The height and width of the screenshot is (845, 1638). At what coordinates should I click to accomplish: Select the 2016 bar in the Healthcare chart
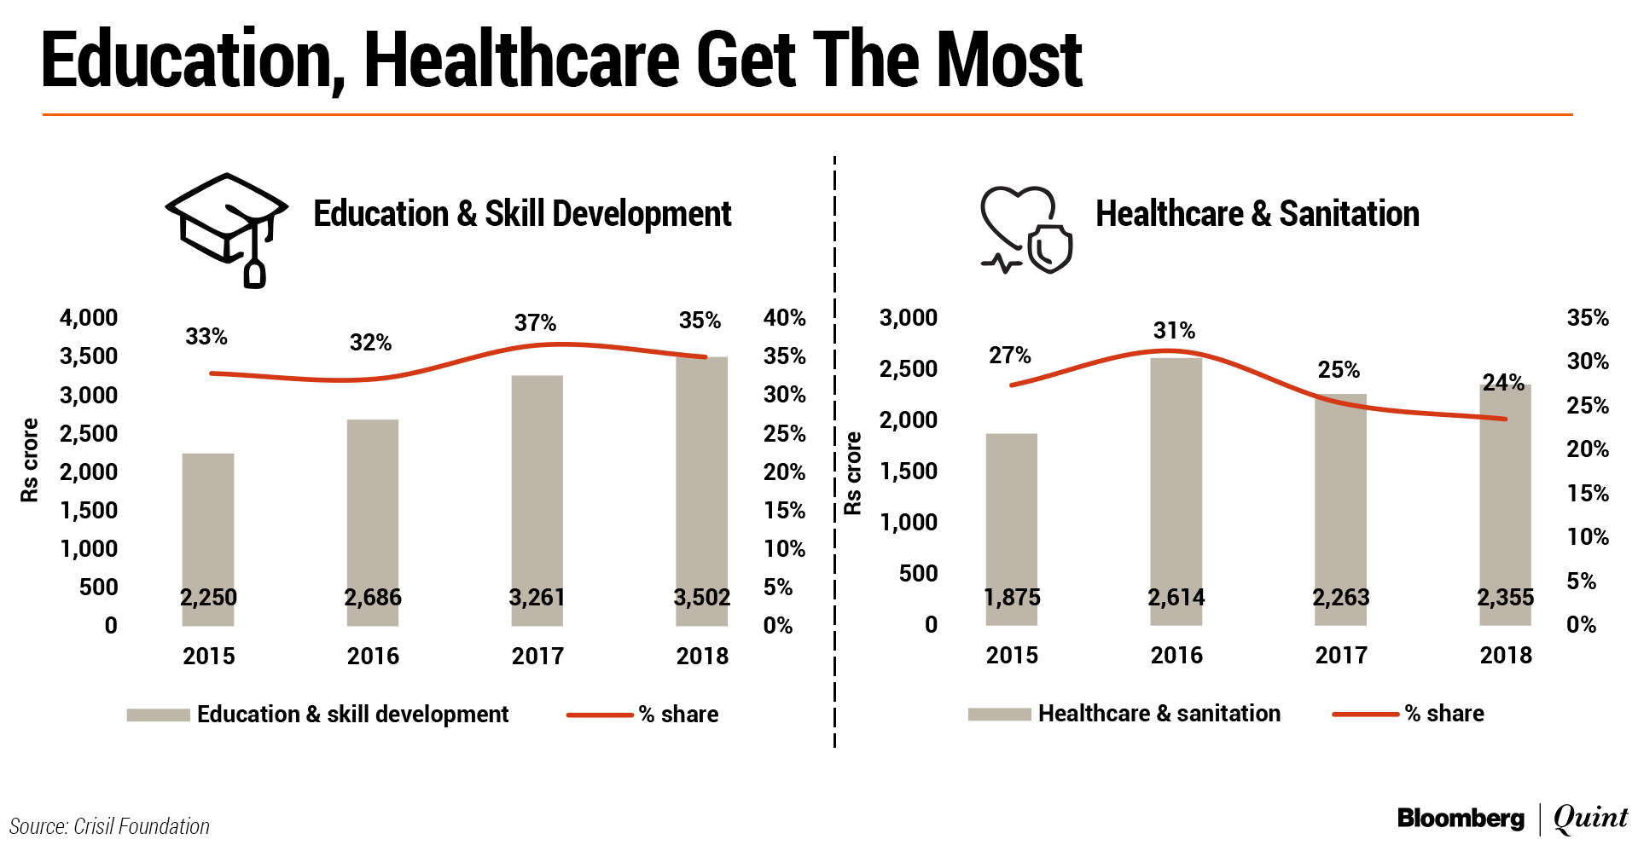pos(1176,486)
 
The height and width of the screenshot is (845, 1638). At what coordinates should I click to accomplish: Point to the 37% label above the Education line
pos(535,323)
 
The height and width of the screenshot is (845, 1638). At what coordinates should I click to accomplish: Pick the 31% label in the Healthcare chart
pos(1174,331)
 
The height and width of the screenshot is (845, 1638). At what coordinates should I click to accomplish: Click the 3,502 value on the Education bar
pos(701,597)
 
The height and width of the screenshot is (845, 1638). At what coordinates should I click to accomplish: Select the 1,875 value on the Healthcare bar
pos(1012,597)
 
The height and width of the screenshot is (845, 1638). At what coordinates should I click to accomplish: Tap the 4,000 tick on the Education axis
pos(89,318)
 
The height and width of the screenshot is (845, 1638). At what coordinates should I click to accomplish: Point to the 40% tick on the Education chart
pos(784,318)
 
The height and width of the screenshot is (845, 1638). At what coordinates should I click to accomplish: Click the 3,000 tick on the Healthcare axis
pos(909,318)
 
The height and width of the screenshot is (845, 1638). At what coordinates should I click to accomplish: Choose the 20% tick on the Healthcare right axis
pos(1587,449)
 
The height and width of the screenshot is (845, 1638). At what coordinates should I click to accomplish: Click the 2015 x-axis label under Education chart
pos(208,656)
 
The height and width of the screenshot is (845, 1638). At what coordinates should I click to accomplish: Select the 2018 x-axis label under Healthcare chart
pos(1506,655)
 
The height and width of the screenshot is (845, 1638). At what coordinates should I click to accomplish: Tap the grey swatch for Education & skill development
pos(158,715)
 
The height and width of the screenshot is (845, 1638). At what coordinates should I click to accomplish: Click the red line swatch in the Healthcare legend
pos(1365,714)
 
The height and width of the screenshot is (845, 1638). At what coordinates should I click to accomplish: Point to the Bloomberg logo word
pos(1461,819)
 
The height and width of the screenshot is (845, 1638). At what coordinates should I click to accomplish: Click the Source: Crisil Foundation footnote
pos(109,826)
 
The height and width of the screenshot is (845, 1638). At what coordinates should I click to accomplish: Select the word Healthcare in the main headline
pos(521,60)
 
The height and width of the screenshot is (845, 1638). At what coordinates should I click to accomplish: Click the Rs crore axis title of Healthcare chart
pos(852,473)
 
